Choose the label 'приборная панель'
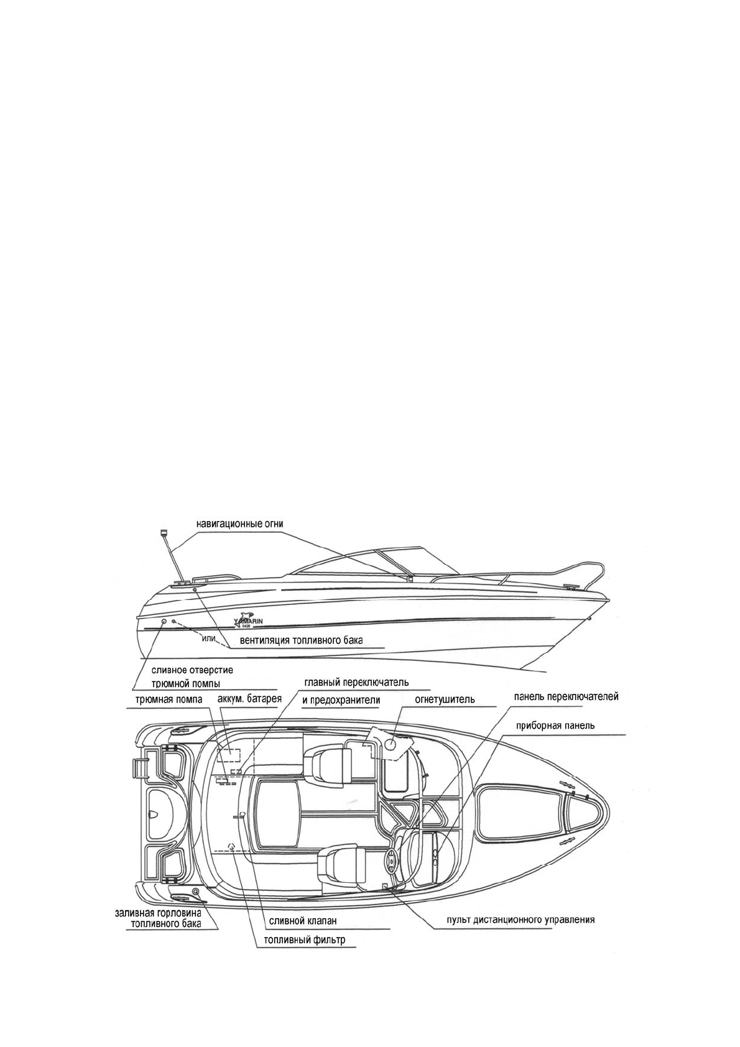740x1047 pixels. [x=556, y=726]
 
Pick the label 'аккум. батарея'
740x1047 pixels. [x=250, y=699]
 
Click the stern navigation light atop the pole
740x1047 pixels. [x=164, y=532]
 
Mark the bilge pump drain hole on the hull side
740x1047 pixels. [x=164, y=622]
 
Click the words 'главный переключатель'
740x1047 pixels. [x=356, y=681]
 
